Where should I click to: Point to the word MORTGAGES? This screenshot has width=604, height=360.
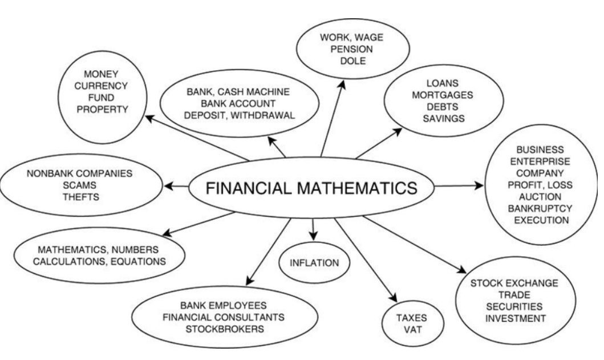pyautogui.click(x=439, y=96)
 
